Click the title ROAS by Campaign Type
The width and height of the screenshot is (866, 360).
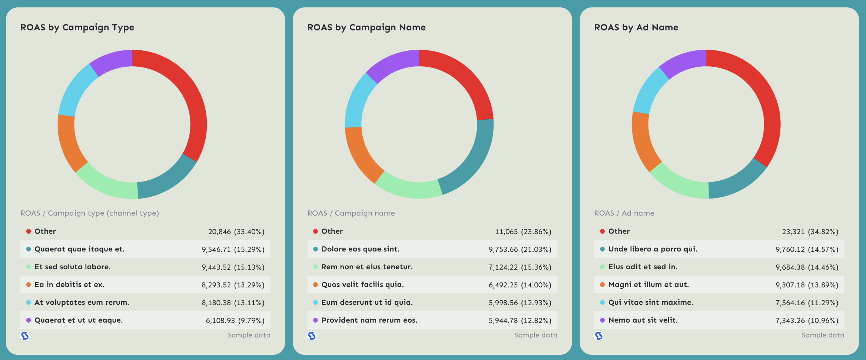(77, 27)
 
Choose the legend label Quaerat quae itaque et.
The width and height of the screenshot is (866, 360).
(79, 249)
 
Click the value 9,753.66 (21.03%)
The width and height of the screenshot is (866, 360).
(520, 250)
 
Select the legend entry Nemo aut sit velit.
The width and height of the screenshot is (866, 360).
(643, 320)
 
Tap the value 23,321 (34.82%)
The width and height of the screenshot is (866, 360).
(810, 232)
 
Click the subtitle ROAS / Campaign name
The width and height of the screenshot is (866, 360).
(351, 213)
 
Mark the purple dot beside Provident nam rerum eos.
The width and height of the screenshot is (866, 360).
(315, 320)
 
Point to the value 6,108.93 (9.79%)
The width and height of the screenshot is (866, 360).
(235, 321)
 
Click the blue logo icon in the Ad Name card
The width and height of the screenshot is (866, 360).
(599, 336)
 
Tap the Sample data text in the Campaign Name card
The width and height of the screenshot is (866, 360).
(536, 335)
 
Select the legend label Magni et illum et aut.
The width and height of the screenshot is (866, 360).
(648, 285)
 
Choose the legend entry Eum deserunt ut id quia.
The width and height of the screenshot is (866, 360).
(367, 303)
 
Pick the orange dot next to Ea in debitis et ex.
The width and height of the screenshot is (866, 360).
(29, 285)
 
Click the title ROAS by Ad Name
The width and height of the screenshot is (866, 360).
(636, 27)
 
